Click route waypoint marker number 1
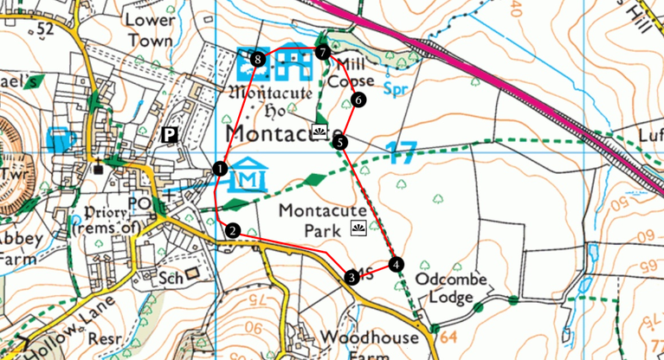tap(221, 169)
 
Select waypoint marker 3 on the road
tap(351, 277)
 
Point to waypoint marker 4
tap(396, 264)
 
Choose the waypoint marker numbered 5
tap(340, 142)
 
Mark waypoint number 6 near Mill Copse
tap(359, 100)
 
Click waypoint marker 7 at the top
tap(323, 53)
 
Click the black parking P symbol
tap(170, 135)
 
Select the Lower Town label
tap(150, 29)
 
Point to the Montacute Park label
tap(314, 220)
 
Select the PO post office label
tap(139, 202)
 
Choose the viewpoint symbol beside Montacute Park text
tap(358, 228)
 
